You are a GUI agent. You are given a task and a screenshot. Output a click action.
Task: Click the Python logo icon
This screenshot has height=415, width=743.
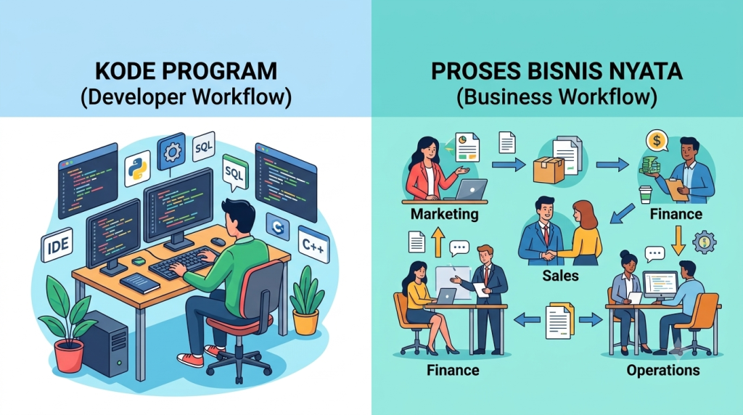pos(137,168)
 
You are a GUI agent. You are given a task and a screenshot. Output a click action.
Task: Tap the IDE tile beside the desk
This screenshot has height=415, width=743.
pos(57,245)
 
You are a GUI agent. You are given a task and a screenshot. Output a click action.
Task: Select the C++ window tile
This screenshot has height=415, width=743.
pos(313,245)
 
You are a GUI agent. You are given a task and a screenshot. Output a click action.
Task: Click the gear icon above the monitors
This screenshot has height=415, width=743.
pos(171,152)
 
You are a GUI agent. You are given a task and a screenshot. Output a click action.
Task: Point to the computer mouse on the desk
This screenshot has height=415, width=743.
pos(218,241)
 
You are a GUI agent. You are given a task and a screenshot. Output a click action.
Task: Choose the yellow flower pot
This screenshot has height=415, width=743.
pos(305,321)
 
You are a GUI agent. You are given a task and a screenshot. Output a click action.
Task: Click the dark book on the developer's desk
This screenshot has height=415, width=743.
pos(140,283)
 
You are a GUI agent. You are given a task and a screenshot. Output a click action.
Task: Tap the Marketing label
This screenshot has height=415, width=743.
pos(445,214)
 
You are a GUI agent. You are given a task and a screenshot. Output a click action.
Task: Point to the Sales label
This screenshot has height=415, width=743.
pos(560,275)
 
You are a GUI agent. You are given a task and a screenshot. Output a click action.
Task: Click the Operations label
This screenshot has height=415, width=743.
pos(663,370)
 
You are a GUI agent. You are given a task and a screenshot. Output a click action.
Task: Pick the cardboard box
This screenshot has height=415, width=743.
pos(549,170)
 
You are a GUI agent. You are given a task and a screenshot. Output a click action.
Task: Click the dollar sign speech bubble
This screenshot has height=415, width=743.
pos(657,141)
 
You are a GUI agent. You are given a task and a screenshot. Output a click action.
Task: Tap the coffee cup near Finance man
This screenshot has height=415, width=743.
pos(645,194)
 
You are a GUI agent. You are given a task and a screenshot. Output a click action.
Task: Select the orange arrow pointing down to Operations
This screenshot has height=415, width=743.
pos(678,241)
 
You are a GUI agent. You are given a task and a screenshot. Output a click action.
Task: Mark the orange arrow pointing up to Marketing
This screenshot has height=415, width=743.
pos(438,241)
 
